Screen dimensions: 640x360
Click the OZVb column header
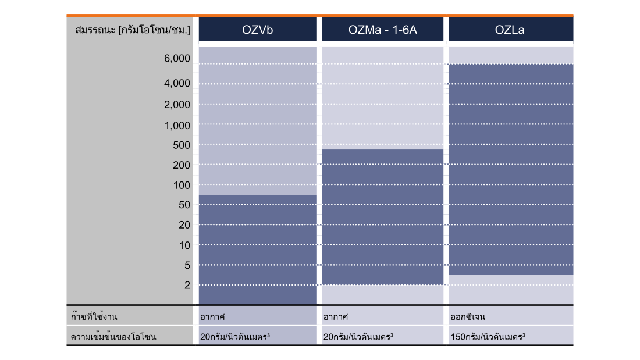(x=258, y=30)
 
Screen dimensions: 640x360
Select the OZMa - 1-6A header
(x=382, y=30)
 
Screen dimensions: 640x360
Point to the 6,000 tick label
(x=177, y=58)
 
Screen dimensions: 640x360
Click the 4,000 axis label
(x=177, y=83)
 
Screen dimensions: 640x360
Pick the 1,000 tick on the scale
(x=177, y=126)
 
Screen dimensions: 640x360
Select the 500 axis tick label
(x=182, y=145)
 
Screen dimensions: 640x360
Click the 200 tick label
(x=182, y=165)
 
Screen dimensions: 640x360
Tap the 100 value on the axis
(x=182, y=186)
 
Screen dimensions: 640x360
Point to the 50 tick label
(x=184, y=205)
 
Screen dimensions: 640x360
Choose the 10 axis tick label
(x=184, y=245)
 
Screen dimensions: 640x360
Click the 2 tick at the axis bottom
(x=187, y=286)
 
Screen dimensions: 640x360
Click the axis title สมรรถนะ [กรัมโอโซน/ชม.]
(x=133, y=30)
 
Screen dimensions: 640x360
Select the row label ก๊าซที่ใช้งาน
(x=94, y=316)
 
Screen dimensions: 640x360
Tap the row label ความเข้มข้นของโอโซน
(x=113, y=337)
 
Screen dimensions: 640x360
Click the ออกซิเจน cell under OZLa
(x=468, y=317)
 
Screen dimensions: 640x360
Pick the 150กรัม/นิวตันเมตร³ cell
(x=488, y=337)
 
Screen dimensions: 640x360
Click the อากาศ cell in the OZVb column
(x=212, y=317)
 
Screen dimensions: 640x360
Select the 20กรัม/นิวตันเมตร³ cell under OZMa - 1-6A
(x=358, y=337)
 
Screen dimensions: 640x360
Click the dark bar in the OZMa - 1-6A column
(x=382, y=217)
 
